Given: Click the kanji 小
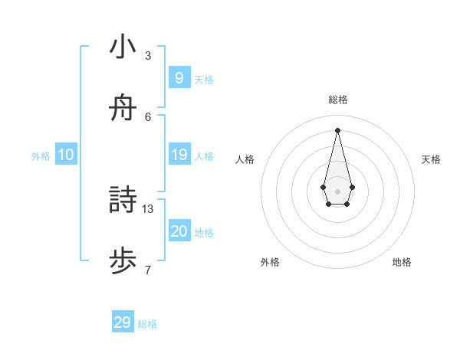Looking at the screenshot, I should pyautogui.click(x=123, y=47).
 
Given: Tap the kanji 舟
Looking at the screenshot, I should pyautogui.click(x=123, y=109).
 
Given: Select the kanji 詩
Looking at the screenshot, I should pyautogui.click(x=123, y=201).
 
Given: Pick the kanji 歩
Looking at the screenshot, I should pyautogui.click(x=123, y=262).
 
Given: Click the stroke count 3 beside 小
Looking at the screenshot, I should pyautogui.click(x=148, y=56).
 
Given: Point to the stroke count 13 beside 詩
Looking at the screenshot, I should pyautogui.click(x=148, y=208).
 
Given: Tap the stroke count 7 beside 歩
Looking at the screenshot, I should pyautogui.click(x=148, y=270).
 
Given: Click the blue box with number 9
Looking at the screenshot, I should pyautogui.click(x=179, y=77).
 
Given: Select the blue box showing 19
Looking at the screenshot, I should pyautogui.click(x=179, y=155).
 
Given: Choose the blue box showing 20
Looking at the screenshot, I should pyautogui.click(x=179, y=231).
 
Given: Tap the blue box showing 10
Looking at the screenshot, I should pyautogui.click(x=66, y=155).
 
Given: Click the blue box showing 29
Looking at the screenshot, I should pyautogui.click(x=122, y=322).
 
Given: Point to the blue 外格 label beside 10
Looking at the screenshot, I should pyautogui.click(x=41, y=155).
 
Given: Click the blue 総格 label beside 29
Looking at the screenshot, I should pyautogui.click(x=147, y=324).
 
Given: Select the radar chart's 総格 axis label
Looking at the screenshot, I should pyautogui.click(x=338, y=100).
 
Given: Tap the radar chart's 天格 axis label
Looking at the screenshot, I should pyautogui.click(x=431, y=159).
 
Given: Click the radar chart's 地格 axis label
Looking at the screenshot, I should pyautogui.click(x=402, y=262).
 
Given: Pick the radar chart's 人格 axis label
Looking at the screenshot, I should pyautogui.click(x=245, y=159).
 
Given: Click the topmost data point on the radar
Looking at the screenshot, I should pyautogui.click(x=338, y=129).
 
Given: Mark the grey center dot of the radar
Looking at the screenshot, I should pyautogui.click(x=338, y=191).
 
